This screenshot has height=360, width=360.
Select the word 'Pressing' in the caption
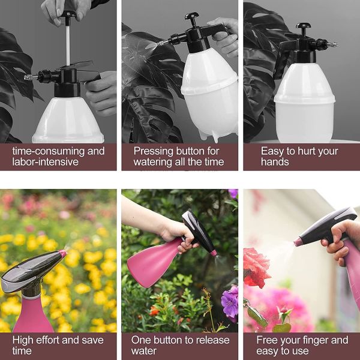point(154,151)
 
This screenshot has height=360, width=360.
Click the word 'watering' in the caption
point(156,162)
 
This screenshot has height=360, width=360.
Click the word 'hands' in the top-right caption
point(275,162)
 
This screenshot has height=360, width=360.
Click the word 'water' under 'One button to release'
point(145,351)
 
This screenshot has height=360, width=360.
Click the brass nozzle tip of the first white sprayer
point(28,77)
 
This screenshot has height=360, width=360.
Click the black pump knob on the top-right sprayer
point(304,27)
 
